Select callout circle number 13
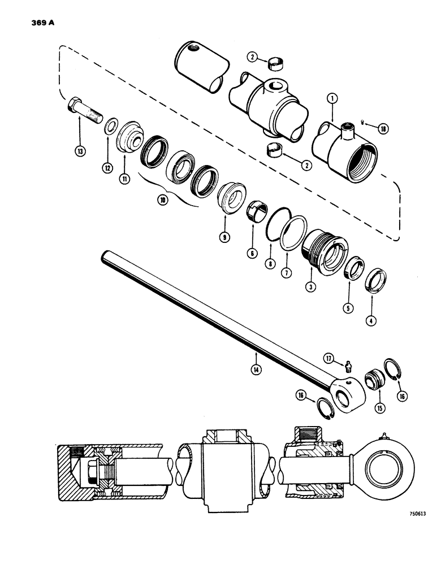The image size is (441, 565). (x=80, y=151)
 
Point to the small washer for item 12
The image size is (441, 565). (x=110, y=124)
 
